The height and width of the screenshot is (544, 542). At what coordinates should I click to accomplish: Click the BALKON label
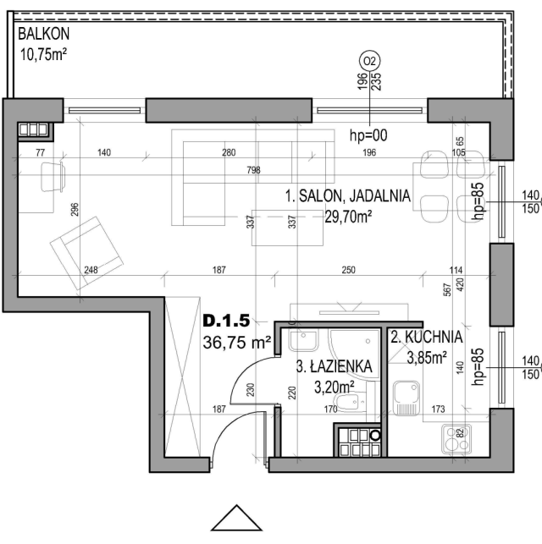(x=44, y=34)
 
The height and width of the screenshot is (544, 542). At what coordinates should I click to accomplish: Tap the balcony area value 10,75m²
(x=43, y=54)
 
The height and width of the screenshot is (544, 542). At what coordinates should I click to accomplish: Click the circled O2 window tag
(x=369, y=61)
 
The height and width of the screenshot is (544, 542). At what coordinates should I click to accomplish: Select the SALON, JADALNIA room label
(x=348, y=196)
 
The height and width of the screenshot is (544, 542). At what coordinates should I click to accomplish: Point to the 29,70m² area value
(x=348, y=217)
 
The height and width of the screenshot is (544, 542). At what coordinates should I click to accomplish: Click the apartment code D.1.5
(x=226, y=321)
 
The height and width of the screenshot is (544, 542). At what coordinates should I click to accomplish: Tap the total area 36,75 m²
(x=237, y=343)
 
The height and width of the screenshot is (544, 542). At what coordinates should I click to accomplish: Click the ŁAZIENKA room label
(x=334, y=366)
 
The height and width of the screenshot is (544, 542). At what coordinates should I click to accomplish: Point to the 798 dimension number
(x=253, y=170)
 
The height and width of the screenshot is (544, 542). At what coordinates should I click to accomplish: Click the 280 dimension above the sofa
(x=229, y=152)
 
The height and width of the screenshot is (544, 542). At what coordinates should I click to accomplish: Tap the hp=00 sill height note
(x=368, y=135)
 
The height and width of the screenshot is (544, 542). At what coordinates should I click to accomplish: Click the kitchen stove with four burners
(x=456, y=439)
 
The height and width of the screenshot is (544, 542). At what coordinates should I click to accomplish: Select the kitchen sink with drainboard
(x=406, y=398)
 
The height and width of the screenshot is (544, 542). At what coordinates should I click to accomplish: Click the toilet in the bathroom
(x=351, y=402)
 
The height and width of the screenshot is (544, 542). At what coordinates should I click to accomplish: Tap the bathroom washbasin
(x=304, y=339)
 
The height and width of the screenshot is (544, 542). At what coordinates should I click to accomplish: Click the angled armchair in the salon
(x=86, y=253)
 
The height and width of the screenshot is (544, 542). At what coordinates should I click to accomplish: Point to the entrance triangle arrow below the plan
(x=236, y=518)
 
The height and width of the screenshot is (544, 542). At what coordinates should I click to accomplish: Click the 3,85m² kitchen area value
(x=427, y=358)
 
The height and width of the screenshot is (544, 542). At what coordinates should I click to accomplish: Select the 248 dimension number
(x=91, y=270)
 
